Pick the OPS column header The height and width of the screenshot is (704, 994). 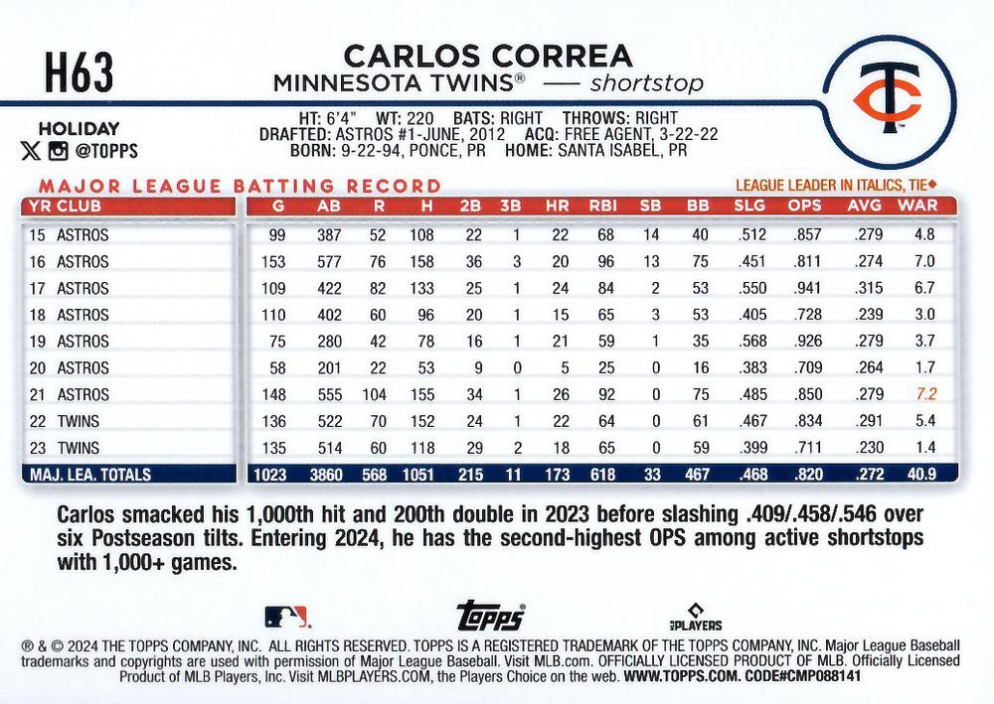(805, 207)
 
